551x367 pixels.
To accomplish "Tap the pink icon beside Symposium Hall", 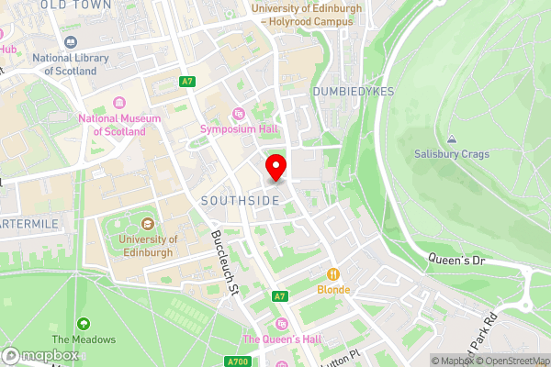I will tap(239, 114).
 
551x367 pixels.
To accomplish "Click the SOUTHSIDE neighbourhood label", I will tap(236, 199).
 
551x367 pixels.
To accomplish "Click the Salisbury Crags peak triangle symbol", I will tap(451, 140).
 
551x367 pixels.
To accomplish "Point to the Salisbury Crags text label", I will tap(451, 155).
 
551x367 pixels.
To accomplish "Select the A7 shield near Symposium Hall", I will tap(187, 82).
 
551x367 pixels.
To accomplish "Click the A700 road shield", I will tap(237, 337).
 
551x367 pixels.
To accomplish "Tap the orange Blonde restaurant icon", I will tap(334, 272).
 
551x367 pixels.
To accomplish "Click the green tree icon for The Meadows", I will tap(84, 323).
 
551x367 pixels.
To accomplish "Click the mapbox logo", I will tap(41, 355).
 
